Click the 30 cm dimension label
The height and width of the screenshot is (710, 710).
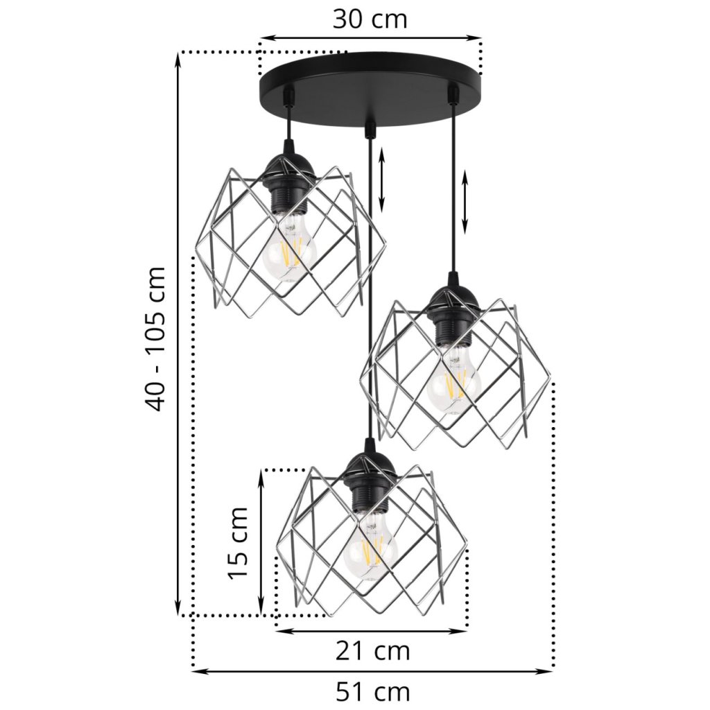click(x=370, y=19)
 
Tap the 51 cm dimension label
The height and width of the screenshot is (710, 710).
click(x=372, y=693)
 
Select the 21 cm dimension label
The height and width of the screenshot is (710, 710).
click(x=372, y=651)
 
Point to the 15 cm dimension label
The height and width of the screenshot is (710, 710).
click(x=239, y=542)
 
